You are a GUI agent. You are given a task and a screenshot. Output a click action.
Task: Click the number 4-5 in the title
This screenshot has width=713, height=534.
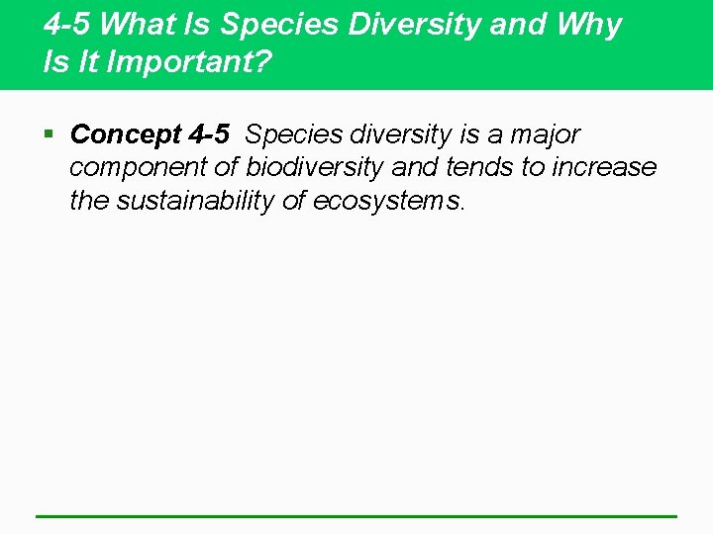click(67, 25)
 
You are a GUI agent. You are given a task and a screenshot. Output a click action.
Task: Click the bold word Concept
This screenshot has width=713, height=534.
click(126, 134)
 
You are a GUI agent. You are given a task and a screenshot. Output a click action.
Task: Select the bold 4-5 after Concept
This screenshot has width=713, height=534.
click(208, 134)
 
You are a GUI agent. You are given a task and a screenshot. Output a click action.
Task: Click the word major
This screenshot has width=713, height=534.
click(545, 134)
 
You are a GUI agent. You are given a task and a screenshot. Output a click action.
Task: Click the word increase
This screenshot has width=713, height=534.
click(604, 167)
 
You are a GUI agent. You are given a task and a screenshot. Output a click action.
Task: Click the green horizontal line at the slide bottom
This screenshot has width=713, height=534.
click(356, 515)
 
